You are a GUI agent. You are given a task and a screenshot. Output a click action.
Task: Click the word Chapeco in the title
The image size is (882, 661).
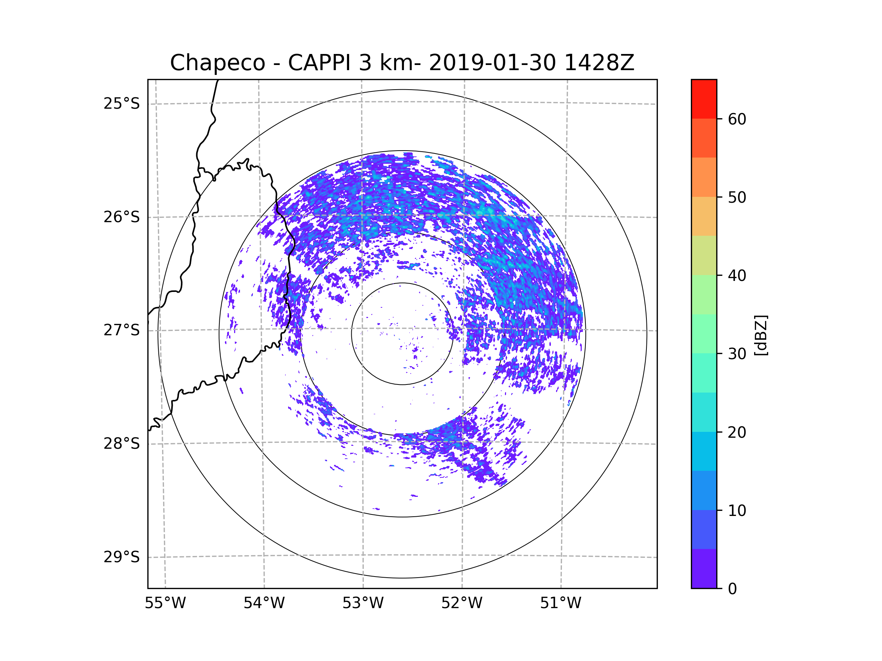click(x=217, y=63)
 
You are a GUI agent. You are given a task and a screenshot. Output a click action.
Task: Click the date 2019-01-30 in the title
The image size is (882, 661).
click(x=492, y=63)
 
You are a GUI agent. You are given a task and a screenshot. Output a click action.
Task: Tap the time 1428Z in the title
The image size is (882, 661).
click(x=599, y=63)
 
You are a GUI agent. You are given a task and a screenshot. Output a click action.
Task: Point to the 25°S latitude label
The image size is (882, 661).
click(x=122, y=104)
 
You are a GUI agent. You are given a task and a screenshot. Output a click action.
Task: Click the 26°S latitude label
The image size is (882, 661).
click(x=122, y=217)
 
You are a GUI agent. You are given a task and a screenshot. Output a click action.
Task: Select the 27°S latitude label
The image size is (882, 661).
click(x=122, y=330)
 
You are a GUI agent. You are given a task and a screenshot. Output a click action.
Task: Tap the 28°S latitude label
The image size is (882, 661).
click(x=122, y=444)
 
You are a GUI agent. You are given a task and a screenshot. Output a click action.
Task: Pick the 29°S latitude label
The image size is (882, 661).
click(x=122, y=557)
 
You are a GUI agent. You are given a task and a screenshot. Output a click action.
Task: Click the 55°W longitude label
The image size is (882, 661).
click(x=165, y=603)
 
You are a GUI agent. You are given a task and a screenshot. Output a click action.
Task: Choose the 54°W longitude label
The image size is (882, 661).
click(x=264, y=603)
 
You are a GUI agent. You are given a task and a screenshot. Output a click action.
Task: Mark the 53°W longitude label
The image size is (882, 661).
click(x=363, y=603)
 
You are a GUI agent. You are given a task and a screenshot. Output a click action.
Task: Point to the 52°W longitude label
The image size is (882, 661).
click(x=462, y=603)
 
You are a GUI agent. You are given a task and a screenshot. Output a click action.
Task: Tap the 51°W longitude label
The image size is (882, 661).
click(x=560, y=603)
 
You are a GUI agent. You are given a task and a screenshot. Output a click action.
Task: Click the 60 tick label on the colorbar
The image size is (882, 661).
click(x=737, y=119)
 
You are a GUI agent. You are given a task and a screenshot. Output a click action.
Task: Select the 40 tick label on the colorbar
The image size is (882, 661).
click(x=737, y=276)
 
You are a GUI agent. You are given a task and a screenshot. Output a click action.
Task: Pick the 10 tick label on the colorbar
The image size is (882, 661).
click(x=737, y=511)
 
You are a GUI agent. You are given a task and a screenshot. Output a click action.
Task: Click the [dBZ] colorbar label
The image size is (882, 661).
click(x=761, y=335)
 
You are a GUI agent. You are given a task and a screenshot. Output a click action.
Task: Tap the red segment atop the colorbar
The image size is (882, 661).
click(x=704, y=99)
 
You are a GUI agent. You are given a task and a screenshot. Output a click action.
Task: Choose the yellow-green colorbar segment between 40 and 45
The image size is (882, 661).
click(x=704, y=255)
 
